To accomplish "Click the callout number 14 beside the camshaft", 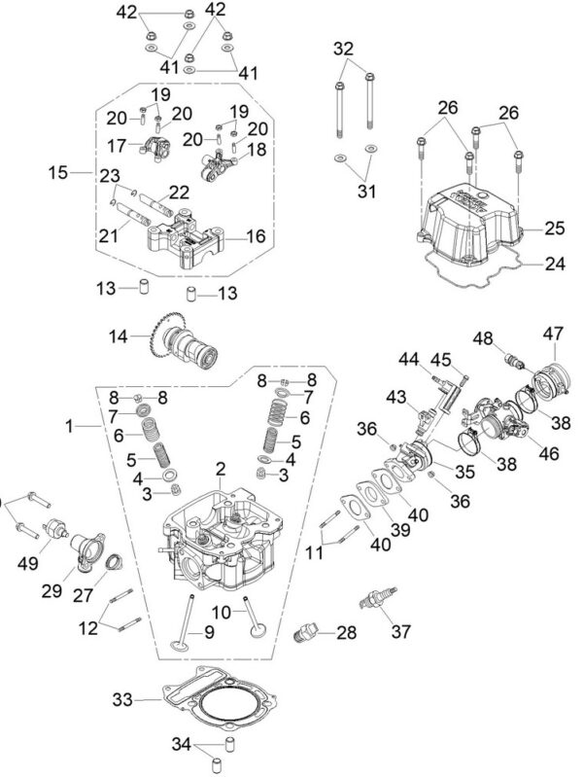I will click(119, 337).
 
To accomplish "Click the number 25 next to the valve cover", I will click(554, 228).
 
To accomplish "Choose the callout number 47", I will click(552, 334).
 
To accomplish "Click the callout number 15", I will click(57, 172).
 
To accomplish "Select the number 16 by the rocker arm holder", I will click(257, 236).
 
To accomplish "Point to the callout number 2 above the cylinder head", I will click(221, 470).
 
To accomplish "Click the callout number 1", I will click(69, 425).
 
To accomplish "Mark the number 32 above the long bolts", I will click(344, 48).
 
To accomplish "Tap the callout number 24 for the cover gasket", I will click(554, 263).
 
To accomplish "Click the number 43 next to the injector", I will click(396, 397).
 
